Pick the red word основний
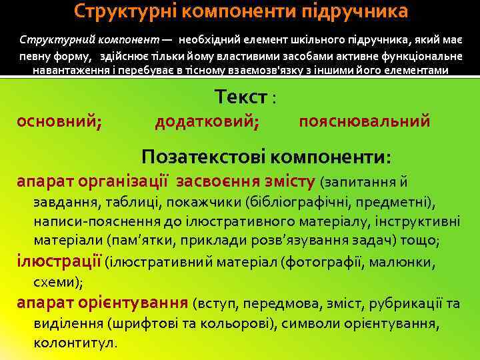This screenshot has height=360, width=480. click(x=59, y=121)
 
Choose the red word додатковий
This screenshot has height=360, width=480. click(x=207, y=121)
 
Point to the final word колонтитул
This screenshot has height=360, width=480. click(x=74, y=343)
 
